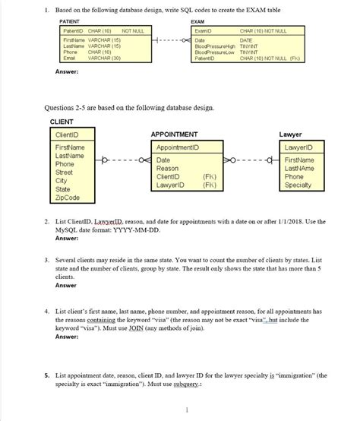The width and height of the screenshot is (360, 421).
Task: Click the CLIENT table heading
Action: point(62,121)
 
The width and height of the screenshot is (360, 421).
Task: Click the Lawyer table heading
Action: point(291,133)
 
